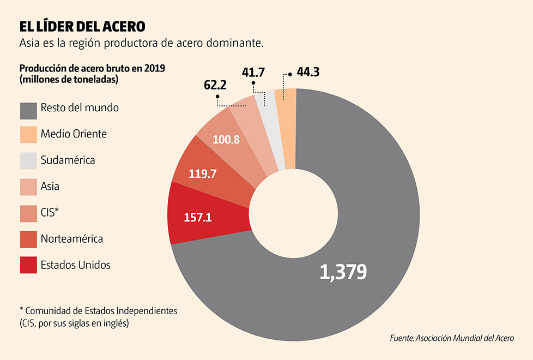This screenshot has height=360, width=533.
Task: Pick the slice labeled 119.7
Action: tap(203, 174)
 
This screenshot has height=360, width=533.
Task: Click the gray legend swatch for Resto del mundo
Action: tap(28, 111)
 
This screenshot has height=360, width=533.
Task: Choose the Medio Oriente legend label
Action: tap(74, 134)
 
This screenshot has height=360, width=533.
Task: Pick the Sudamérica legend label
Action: tap(68, 160)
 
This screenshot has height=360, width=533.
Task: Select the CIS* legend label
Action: tap(49, 213)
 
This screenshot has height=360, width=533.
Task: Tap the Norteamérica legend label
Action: tap(71, 238)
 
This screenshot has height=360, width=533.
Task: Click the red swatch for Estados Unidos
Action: tap(28, 265)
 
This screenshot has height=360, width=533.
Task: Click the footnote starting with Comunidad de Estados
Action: tap(98, 310)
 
